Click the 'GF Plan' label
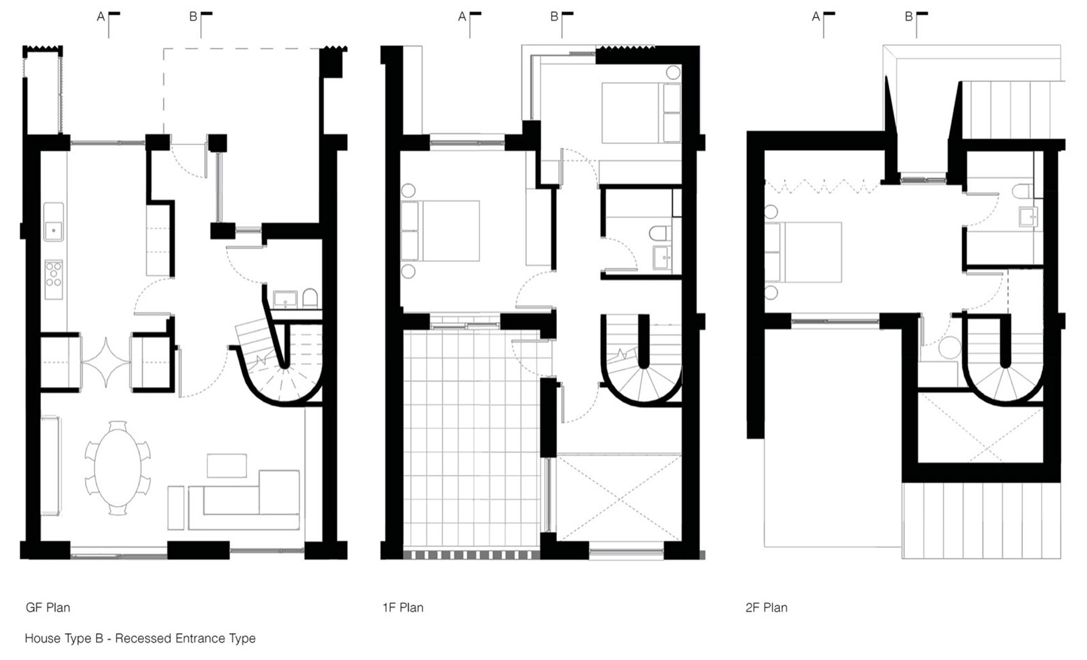(48, 607)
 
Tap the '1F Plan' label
(403, 607)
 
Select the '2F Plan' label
(766, 607)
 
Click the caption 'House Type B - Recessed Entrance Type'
(140, 638)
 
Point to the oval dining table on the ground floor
(118, 468)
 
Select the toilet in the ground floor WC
(310, 298)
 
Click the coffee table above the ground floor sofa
(227, 465)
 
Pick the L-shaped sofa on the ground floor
(249, 500)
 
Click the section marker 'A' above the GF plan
(101, 17)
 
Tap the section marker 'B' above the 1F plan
(554, 17)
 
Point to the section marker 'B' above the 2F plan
(909, 17)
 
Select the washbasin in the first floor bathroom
(661, 258)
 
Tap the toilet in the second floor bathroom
(1021, 190)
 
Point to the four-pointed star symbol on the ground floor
(106, 362)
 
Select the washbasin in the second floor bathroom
(1029, 218)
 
